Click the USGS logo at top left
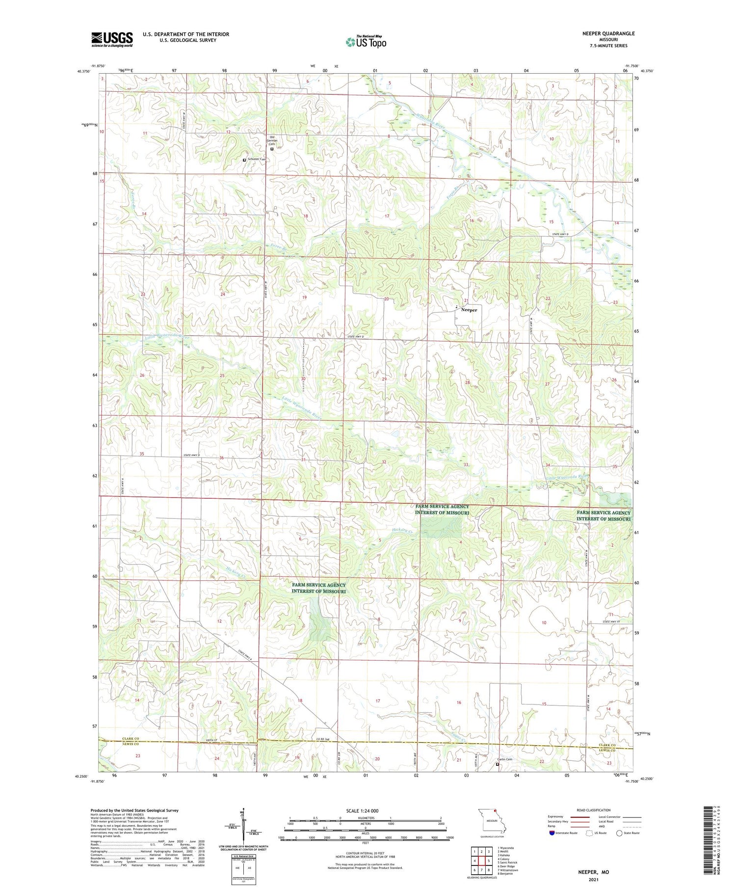tap(112, 39)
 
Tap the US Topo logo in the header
tap(366, 42)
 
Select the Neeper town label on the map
tap(469, 310)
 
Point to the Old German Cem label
tap(272, 140)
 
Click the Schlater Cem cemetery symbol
tap(244, 160)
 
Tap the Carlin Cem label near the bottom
tap(505, 760)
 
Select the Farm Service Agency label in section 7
tap(318, 588)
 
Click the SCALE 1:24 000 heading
tap(362, 810)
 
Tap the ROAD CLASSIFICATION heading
tap(594, 810)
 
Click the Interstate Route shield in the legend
tap(553, 833)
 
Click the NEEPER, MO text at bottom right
tap(593, 872)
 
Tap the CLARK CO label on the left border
tap(131, 739)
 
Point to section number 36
tap(221, 458)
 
